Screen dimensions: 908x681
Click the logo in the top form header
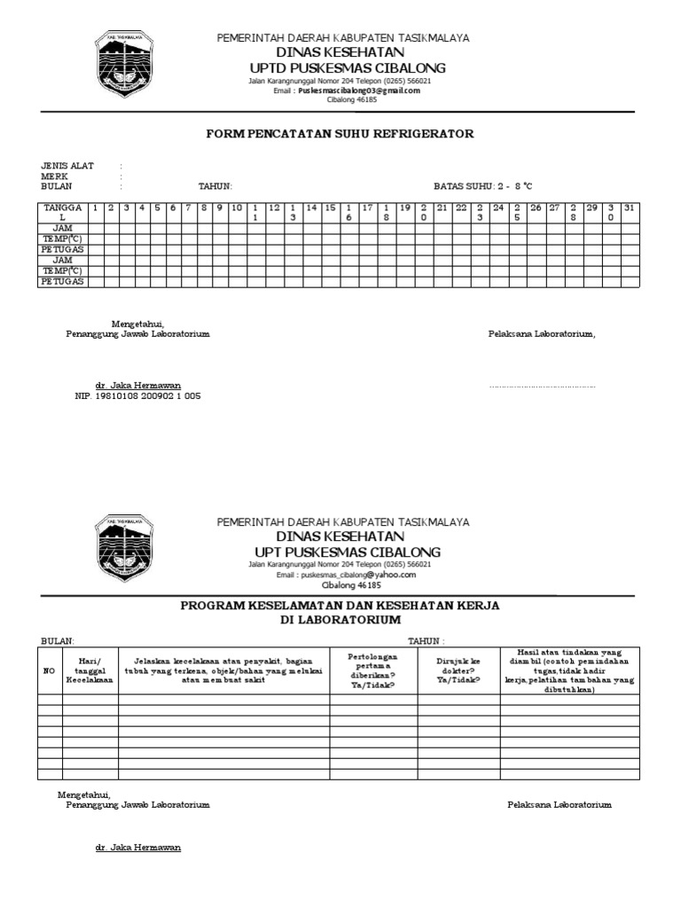click(125, 69)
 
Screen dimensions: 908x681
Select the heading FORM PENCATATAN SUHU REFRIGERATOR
click(340, 134)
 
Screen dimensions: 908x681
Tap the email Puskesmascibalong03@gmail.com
click(359, 90)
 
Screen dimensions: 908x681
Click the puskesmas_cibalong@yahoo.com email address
click(357, 575)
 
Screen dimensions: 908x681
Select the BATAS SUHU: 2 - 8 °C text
click(483, 186)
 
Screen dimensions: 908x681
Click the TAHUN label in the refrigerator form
click(215, 186)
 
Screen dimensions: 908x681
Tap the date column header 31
click(629, 207)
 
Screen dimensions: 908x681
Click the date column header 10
click(236, 207)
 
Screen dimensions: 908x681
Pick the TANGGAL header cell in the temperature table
click(62, 212)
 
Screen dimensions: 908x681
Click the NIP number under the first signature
click(137, 396)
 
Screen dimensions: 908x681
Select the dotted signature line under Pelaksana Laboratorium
click(542, 387)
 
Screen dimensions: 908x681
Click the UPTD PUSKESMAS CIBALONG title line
click(348, 69)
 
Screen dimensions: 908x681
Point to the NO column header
click(49, 670)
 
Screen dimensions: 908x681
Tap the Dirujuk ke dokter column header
click(458, 670)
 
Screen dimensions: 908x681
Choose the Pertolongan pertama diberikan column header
click(373, 670)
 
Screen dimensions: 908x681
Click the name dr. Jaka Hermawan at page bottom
click(138, 848)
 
